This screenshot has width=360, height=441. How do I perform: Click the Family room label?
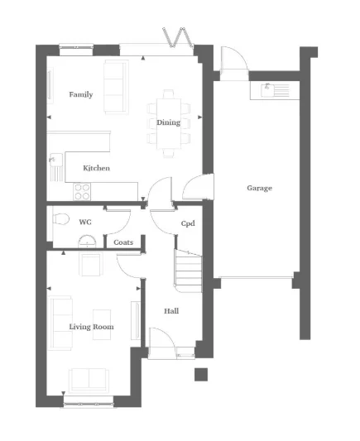[80, 94]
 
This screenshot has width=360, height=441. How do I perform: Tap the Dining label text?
[168, 122]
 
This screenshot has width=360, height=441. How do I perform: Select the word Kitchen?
[97, 169]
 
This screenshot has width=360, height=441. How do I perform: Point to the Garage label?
[259, 188]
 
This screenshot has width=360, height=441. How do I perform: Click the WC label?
[84, 223]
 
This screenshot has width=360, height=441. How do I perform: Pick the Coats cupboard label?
[123, 242]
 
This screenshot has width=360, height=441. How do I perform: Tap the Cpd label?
[188, 224]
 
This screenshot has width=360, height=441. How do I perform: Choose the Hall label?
[171, 311]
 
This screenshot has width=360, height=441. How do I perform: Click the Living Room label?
[91, 327]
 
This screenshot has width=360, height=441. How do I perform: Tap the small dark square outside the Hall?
[200, 374]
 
